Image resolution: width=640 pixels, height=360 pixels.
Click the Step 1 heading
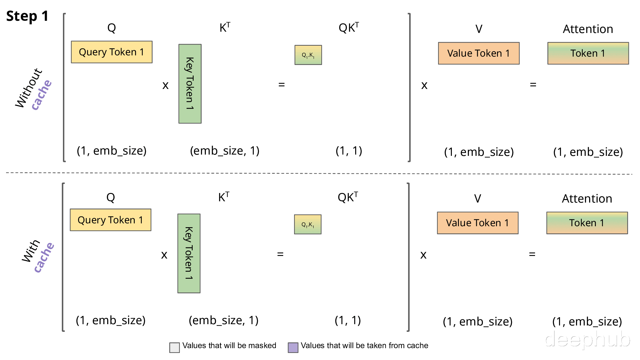pos(28,16)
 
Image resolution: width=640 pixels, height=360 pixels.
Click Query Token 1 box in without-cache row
pos(112,52)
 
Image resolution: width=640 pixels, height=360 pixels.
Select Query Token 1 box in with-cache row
pos(111,220)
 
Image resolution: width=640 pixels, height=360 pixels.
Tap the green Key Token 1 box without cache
pos(190,84)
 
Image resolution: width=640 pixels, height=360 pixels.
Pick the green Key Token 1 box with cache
pos(189,253)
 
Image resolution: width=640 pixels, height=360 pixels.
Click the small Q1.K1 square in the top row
pos(308,55)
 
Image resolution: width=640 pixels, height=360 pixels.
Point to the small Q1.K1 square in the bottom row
pos(308,224)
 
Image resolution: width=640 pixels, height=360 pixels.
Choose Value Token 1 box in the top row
pos(479,53)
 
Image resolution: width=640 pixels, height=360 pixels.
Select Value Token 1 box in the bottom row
pos(478,223)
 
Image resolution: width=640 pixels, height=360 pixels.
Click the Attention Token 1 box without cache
pos(588,53)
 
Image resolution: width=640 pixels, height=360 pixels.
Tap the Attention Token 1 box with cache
pos(587,223)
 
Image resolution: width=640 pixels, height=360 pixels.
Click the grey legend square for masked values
pos(174,348)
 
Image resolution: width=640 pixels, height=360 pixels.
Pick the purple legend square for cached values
pos(293,348)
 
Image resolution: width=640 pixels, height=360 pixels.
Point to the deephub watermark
pos(588,339)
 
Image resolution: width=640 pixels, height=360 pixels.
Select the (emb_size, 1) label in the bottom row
pos(224,320)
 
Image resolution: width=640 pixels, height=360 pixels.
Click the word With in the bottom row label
pos(31,251)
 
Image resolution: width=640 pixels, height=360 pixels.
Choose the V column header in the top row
pos(479,29)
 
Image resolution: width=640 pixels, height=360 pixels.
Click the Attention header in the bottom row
pos(587,198)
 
